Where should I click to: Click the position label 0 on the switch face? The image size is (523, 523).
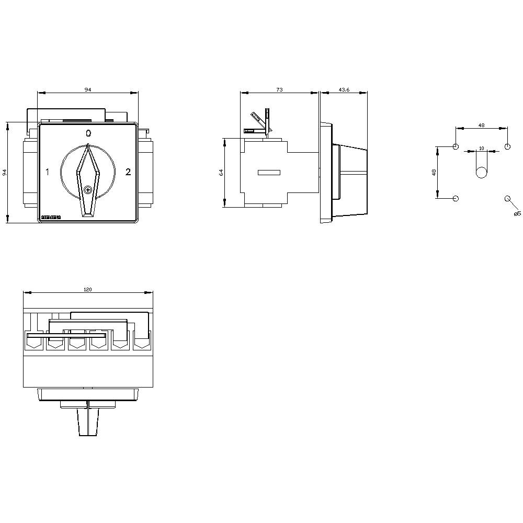coord(88,133)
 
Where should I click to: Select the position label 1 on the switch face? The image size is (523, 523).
coord(48,172)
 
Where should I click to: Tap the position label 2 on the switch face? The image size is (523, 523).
coord(128,172)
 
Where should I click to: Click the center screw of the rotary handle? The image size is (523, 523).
coord(88,190)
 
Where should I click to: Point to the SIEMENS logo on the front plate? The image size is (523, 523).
coord(51,217)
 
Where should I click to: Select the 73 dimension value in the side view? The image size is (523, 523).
coord(279,90)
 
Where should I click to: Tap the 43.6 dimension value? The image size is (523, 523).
coord(344,90)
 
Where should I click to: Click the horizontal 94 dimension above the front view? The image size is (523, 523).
coord(88,90)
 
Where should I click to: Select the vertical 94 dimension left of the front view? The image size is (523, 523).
coord(5,172)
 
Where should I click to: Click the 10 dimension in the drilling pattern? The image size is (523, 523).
coord(481,148)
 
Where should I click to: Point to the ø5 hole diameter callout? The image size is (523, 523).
coord(517,213)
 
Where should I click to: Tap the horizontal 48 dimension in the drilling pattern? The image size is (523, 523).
coord(481,125)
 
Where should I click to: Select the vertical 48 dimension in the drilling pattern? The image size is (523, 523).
coord(434,173)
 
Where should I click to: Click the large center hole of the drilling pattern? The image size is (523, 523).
coord(482,172)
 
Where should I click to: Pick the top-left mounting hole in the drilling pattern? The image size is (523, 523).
coord(456,146)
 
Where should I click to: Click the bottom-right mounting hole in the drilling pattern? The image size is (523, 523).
coord(507,198)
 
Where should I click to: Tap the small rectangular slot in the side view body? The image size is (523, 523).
coord(269,173)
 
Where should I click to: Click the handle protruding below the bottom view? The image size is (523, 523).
coord(88,422)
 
